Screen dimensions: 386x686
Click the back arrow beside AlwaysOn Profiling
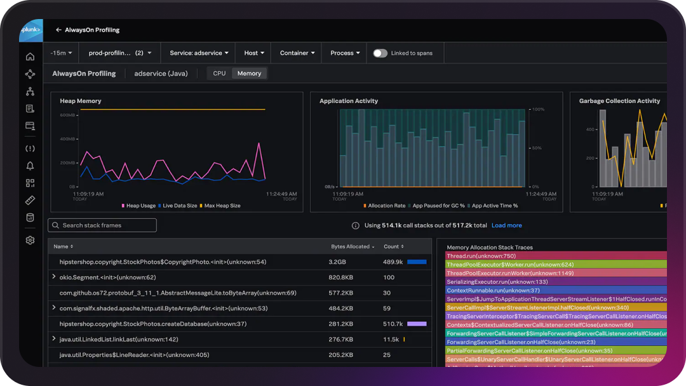[x=58, y=30]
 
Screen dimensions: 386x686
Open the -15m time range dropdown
[x=62, y=53]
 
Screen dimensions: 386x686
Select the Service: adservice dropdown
[x=199, y=53]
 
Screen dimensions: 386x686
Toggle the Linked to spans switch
[x=380, y=53]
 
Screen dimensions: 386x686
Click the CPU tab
[x=219, y=74]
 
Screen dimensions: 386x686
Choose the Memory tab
[x=249, y=74]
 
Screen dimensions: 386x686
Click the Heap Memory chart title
[x=81, y=101]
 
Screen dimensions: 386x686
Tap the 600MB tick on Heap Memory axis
[x=67, y=115]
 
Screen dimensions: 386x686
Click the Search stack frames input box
[x=102, y=225]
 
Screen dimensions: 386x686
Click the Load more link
[x=506, y=225]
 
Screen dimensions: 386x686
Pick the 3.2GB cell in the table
[x=337, y=262]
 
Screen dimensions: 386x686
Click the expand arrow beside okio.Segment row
[x=54, y=277]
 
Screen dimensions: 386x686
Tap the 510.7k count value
[x=394, y=324]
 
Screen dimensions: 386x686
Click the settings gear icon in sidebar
[x=30, y=241]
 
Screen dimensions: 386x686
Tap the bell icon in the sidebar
[x=30, y=166]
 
